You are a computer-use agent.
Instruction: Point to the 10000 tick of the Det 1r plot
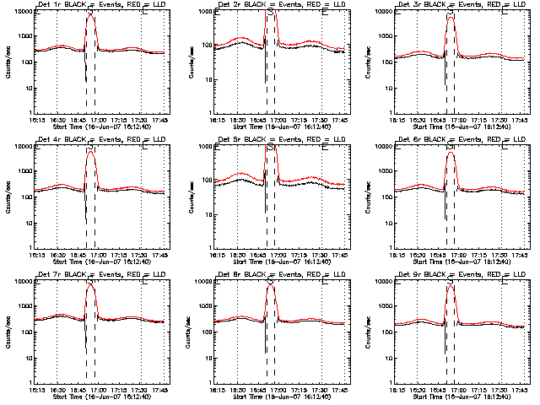24,12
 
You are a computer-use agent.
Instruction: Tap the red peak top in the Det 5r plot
271,149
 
